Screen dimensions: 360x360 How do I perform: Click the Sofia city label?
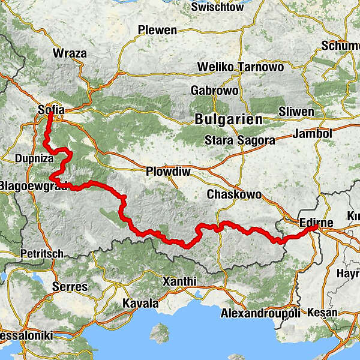(51, 110)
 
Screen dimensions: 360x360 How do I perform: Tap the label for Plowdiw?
(168, 172)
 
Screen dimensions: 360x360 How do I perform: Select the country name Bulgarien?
(229, 119)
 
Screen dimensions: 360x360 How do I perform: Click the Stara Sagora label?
(240, 140)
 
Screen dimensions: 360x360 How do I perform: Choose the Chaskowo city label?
(234, 194)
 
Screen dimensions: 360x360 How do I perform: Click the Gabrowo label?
(214, 90)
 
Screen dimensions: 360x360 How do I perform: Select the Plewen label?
(157, 30)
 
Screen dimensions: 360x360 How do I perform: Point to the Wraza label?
(70, 53)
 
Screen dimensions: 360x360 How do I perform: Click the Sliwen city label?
(296, 112)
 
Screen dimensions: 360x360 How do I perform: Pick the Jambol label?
(313, 133)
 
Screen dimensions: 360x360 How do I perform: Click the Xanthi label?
(179, 281)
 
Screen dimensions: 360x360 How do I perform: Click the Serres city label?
(70, 286)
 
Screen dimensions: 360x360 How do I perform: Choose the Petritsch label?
(41, 254)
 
